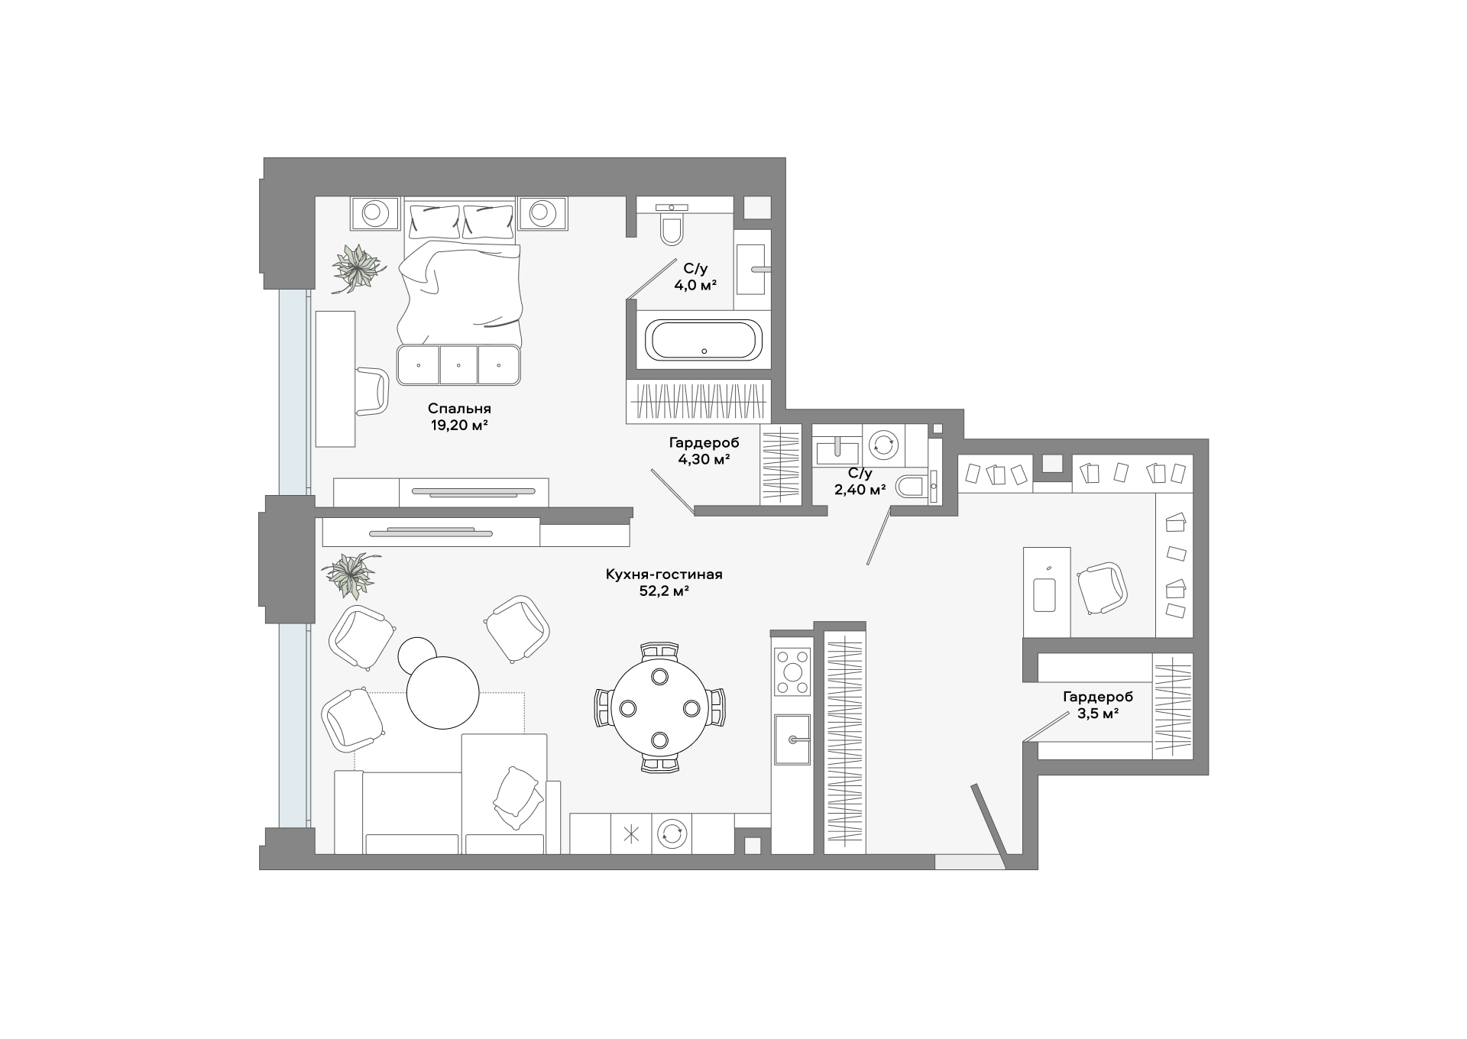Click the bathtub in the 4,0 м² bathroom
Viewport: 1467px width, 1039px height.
pyautogui.click(x=704, y=340)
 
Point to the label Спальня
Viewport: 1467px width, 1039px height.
pyautogui.click(x=459, y=409)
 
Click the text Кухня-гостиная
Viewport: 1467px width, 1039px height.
pyautogui.click(x=664, y=575)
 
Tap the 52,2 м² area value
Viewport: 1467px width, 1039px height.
pyautogui.click(x=664, y=591)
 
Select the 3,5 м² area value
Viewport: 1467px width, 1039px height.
pyautogui.click(x=1098, y=714)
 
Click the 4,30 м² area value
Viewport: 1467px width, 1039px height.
pyautogui.click(x=704, y=459)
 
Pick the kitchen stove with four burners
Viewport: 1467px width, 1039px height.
pyautogui.click(x=792, y=672)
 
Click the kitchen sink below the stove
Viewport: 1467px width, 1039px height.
pyautogui.click(x=792, y=739)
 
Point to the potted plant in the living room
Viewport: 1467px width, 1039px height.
pyautogui.click(x=351, y=575)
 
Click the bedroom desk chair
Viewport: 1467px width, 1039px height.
pyautogui.click(x=373, y=391)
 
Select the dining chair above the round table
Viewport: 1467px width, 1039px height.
pyautogui.click(x=660, y=651)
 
